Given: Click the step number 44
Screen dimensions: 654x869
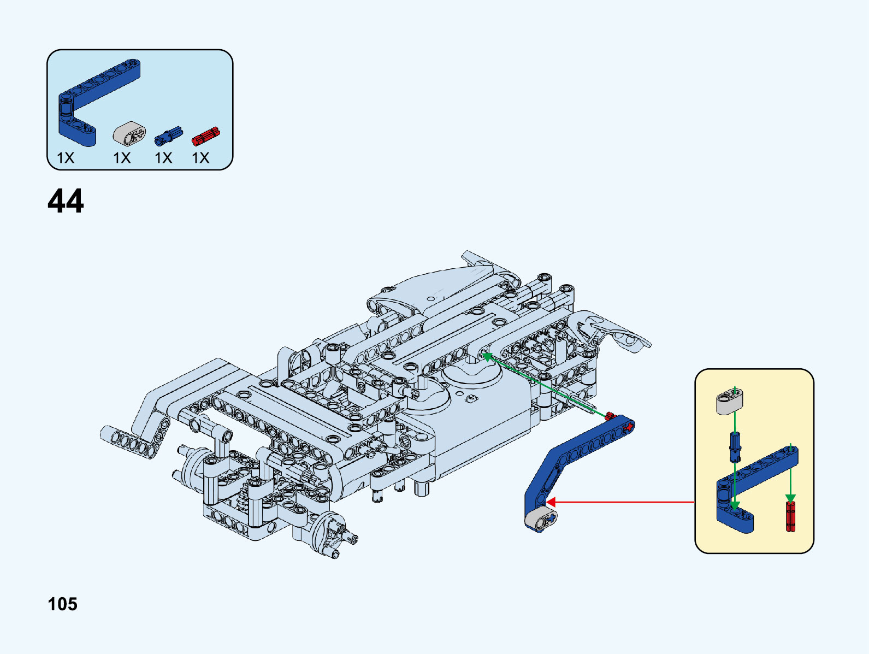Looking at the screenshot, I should pyautogui.click(x=66, y=201).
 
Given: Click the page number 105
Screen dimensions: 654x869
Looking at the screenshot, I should pyautogui.click(x=62, y=604).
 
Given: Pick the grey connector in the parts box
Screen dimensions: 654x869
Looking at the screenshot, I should pyautogui.click(x=129, y=133).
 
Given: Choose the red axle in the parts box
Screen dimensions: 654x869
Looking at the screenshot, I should pyautogui.click(x=205, y=136).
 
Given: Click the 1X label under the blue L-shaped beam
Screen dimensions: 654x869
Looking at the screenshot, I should pyautogui.click(x=66, y=158).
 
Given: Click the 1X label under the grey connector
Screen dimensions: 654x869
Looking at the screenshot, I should pyautogui.click(x=122, y=158).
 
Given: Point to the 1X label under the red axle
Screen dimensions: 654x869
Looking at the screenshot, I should pyautogui.click(x=200, y=158).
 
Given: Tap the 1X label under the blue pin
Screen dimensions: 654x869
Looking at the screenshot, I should pyautogui.click(x=163, y=158).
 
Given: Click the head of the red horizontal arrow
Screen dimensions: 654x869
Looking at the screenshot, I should pyautogui.click(x=551, y=502).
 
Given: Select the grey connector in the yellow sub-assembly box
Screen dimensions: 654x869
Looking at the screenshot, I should pyautogui.click(x=729, y=402).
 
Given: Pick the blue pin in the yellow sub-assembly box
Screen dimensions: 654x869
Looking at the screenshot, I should pyautogui.click(x=735, y=446).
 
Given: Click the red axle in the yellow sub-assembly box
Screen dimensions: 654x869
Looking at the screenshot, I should pyautogui.click(x=790, y=516).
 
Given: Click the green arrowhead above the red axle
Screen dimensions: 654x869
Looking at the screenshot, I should pyautogui.click(x=790, y=498).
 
